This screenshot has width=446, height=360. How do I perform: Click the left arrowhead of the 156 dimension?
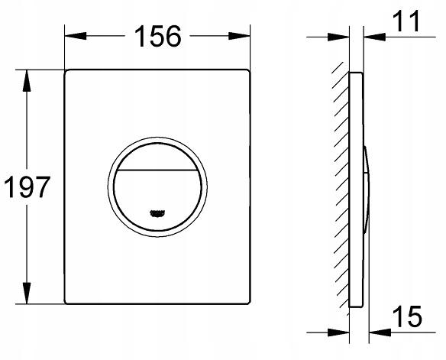(72, 35)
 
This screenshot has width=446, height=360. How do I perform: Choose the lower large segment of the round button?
(157, 191)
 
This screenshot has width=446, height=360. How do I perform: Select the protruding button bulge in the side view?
(369, 187)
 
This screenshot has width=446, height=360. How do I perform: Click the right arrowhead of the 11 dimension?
(369, 35)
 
